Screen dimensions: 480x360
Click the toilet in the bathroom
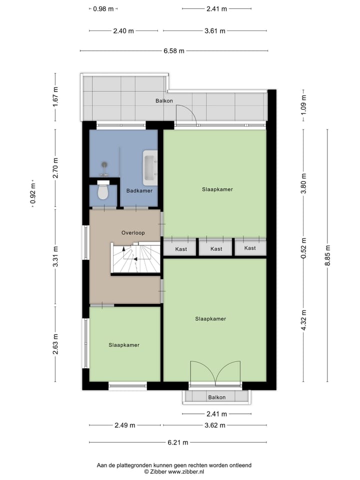tap(103, 191)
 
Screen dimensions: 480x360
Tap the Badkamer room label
tap(139, 191)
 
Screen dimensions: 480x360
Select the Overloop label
tap(133, 233)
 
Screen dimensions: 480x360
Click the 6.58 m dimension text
tap(174, 50)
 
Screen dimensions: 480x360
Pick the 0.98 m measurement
tap(103, 9)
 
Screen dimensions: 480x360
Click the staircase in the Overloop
tap(135, 257)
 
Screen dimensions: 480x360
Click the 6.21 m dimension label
tap(177, 442)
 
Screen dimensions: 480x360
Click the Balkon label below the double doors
tap(216, 397)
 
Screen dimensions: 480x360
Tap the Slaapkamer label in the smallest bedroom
tap(124, 345)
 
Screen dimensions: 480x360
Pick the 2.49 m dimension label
tap(124, 425)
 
